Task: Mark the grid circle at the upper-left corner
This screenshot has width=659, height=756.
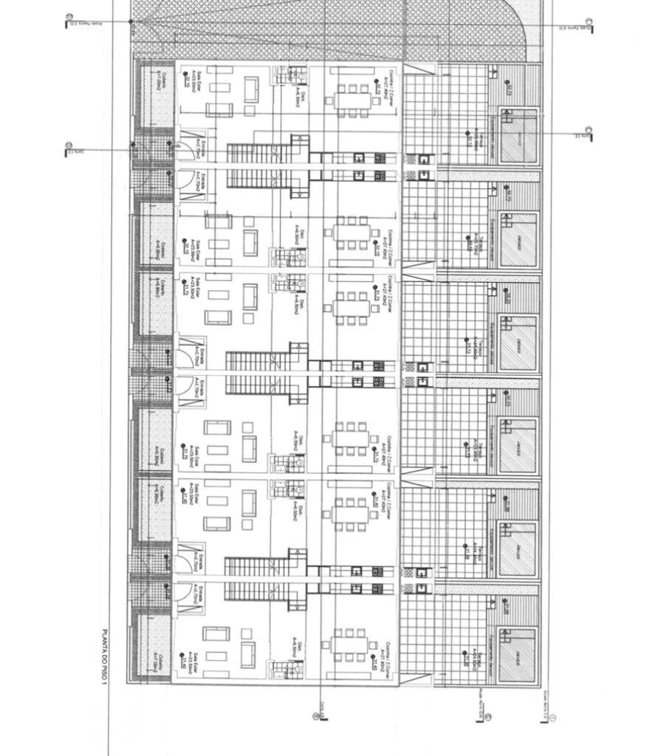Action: click(x=70, y=17)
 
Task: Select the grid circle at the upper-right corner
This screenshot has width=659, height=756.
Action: click(x=589, y=23)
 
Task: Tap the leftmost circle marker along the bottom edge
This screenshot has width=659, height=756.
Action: click(x=316, y=716)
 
